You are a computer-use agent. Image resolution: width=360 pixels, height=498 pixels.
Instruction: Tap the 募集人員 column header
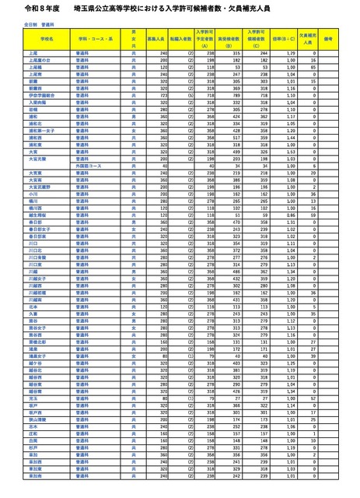(156, 37)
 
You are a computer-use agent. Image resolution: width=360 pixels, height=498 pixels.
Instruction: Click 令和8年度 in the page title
(25, 8)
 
